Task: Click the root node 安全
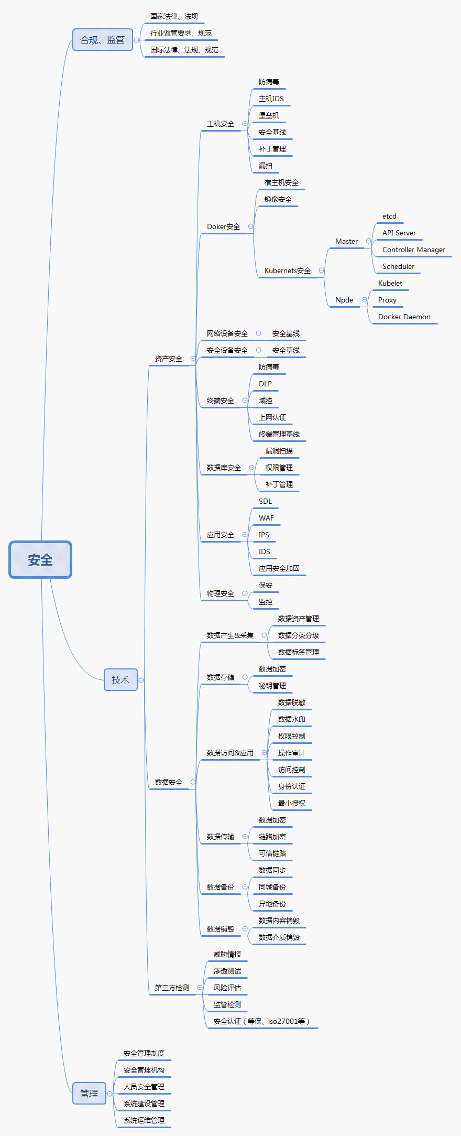pyautogui.click(x=40, y=560)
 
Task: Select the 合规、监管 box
pyautogui.click(x=103, y=40)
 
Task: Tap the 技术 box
pyautogui.click(x=120, y=680)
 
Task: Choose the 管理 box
pyautogui.click(x=89, y=1094)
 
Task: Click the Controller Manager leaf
pyautogui.click(x=413, y=250)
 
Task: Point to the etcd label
pyautogui.click(x=389, y=216)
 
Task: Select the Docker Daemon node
pyautogui.click(x=404, y=317)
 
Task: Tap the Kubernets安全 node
pyautogui.click(x=287, y=271)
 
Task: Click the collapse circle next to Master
pyautogui.click(x=368, y=241)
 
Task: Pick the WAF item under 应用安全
pyautogui.click(x=266, y=518)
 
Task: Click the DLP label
pyautogui.click(x=265, y=384)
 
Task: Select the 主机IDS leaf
pyautogui.click(x=271, y=99)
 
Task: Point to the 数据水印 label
pyautogui.click(x=291, y=719)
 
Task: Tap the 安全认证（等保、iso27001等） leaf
pyautogui.click(x=261, y=1021)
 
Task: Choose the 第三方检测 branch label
pyautogui.click(x=172, y=988)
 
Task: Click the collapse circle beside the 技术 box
pyautogui.click(x=141, y=680)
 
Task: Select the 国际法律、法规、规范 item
pyautogui.click(x=184, y=50)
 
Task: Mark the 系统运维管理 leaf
pyautogui.click(x=144, y=1120)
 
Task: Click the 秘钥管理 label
pyautogui.click(x=272, y=686)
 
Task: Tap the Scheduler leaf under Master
pyautogui.click(x=398, y=266)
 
